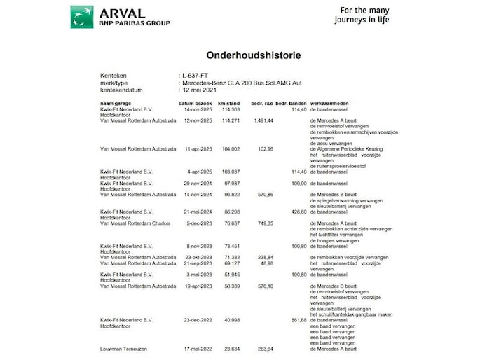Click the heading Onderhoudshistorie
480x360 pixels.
240,54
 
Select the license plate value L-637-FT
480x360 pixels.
196,76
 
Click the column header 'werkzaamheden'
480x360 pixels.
330,104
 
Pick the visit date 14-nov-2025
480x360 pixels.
198,109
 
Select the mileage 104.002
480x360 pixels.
231,149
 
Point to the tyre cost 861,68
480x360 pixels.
297,319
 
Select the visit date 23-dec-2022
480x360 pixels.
198,319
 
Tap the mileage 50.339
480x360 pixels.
231,286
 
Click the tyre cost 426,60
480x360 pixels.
297,212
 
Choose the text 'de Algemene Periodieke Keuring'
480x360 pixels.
346,149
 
